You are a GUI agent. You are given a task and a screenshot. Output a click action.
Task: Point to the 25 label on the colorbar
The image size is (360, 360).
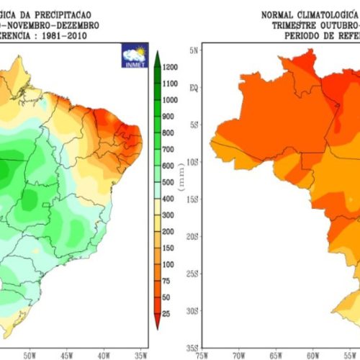(166, 314)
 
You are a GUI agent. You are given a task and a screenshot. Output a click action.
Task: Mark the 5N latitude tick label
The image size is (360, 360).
(192, 50)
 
